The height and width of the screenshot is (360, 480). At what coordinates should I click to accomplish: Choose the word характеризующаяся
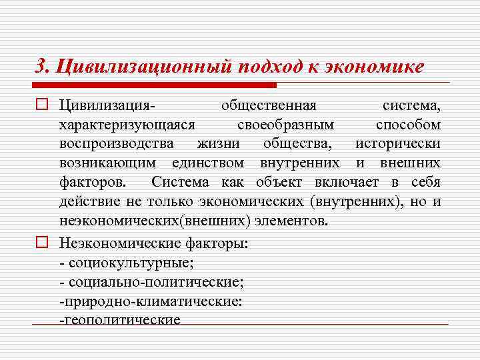[127, 125]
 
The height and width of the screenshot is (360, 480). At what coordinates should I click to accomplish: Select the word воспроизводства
[116, 143]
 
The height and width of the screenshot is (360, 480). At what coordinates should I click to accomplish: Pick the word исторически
[397, 143]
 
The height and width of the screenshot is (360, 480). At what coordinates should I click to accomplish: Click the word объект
[278, 181]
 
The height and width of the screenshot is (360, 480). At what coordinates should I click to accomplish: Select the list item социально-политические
[151, 282]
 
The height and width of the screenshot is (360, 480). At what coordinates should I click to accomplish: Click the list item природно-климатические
[151, 301]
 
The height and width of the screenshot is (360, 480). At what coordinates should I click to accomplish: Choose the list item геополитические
[120, 320]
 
